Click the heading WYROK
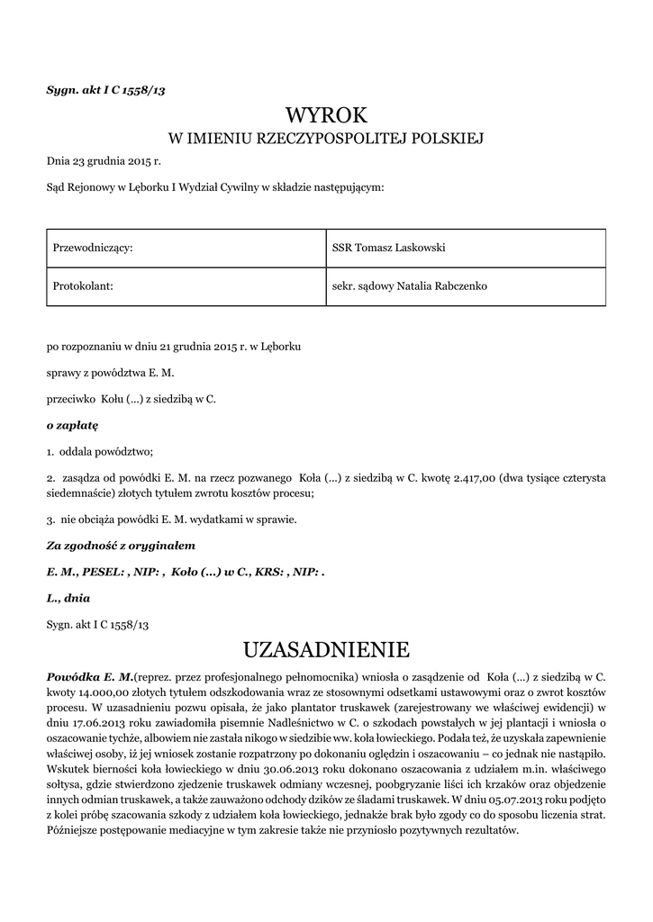(326, 114)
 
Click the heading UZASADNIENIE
(326, 649)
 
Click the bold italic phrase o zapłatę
(72, 423)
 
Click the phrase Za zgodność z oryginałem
(121, 546)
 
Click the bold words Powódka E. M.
(89, 675)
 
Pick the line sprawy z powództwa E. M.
(110, 371)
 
